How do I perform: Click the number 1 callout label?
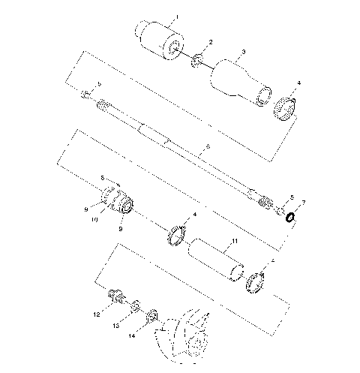[x=176, y=16]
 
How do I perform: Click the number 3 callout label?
[x=242, y=53]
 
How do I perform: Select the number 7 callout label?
[x=304, y=203]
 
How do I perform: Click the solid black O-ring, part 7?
[x=289, y=218]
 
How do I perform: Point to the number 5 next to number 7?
[x=292, y=198]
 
